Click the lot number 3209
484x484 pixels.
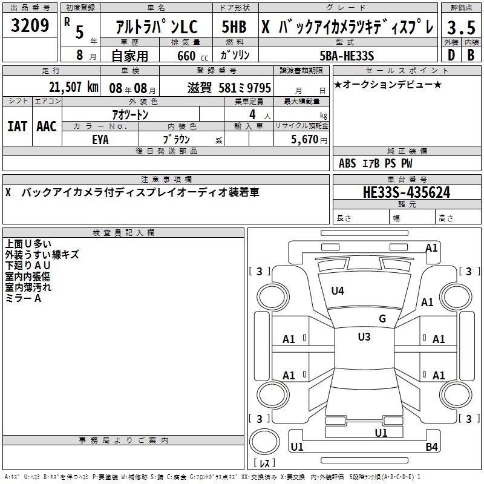pos(30,25)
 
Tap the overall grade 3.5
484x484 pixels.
pos(461,27)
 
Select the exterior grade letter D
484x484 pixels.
pos(451,55)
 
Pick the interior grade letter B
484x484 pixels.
pos(471,55)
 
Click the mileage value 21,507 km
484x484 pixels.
pos(73,87)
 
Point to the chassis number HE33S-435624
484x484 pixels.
pos(407,192)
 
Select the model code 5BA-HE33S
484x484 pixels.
pos(347,56)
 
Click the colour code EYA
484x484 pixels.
pos(100,140)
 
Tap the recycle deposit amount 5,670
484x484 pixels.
pos(305,139)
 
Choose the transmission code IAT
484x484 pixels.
pos(18,126)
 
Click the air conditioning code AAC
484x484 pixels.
pos(47,126)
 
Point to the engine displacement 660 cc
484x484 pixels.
pos(192,56)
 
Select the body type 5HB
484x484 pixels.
pos(234,27)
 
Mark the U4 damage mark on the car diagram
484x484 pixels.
pos(338,290)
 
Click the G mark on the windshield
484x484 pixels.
pos(382,319)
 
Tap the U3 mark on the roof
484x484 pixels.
pos(364,336)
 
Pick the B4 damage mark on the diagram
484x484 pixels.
pos(431,446)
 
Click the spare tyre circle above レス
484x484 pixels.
pos(264,442)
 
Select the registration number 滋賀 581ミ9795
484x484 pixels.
pos(229,88)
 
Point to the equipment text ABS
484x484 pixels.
pos(347,163)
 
